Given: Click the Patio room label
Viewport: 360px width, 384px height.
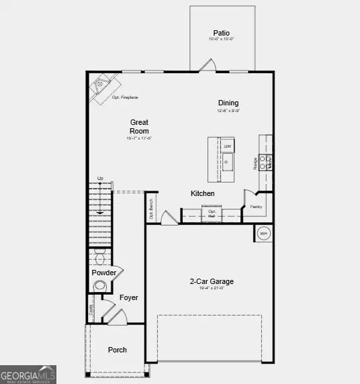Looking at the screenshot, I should point(222,32).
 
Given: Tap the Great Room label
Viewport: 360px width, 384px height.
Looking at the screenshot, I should point(139,126).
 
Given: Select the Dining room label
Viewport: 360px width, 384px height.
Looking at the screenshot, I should point(228,103).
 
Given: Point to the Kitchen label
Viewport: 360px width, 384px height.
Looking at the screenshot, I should point(203,193).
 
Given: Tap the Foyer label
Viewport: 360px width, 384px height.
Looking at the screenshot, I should point(129,297).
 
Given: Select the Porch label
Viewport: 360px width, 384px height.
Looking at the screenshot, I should point(118,350).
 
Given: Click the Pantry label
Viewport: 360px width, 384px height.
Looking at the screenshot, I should point(255,207).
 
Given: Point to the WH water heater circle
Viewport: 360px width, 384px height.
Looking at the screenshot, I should point(264,233).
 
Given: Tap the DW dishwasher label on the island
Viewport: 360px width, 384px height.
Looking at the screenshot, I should point(228,146).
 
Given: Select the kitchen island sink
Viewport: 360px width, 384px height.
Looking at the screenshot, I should point(228,160).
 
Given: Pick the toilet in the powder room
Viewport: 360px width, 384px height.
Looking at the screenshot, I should point(101,258).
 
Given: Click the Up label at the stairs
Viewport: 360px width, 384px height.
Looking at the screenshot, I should point(100,178).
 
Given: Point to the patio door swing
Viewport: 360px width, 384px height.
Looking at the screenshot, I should point(208,65).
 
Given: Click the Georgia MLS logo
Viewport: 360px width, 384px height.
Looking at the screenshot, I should point(28,374).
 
